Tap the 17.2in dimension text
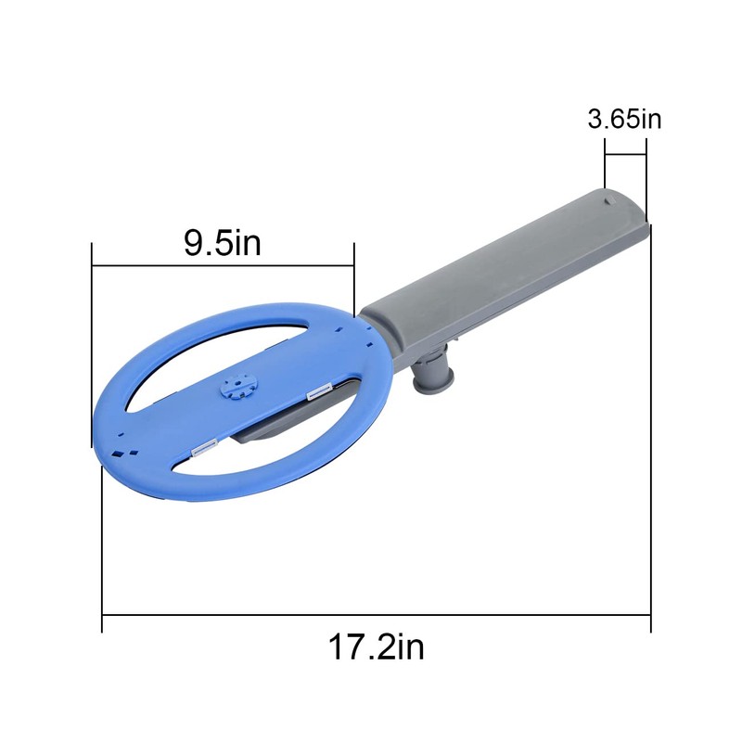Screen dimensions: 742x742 point(376,646)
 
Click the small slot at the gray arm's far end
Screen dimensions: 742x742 point(607,198)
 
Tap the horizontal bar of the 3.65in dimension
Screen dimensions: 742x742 point(625,156)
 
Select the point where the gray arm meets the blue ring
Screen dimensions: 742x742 point(365,320)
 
